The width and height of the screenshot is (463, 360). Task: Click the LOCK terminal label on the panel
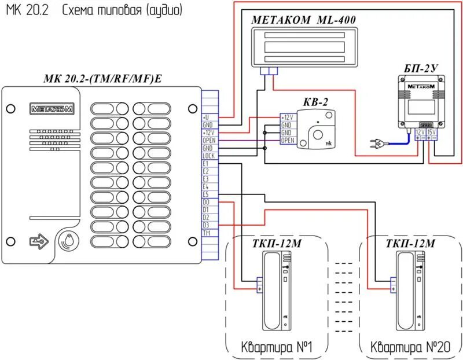coord(209,156)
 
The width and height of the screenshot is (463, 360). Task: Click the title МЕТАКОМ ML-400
coord(303,19)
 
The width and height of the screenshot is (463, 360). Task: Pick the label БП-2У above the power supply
coord(421,68)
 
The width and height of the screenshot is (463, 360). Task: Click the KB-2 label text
coord(315,102)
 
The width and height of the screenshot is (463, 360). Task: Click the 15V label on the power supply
coord(431,131)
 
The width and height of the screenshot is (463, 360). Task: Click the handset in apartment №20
coord(408,289)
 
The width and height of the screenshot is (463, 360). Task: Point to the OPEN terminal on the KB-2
coord(287,140)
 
